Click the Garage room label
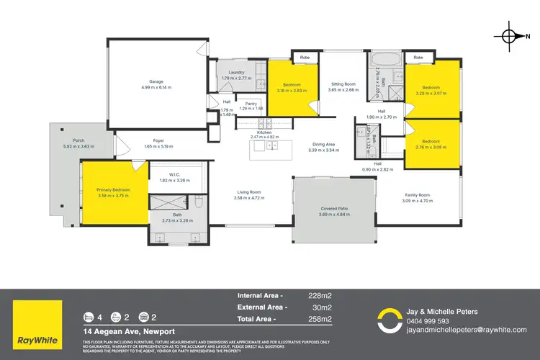point(158,81)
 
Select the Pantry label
point(251,104)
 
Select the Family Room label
point(416,195)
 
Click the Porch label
point(79,140)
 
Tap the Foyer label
point(159,140)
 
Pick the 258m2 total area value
point(320,318)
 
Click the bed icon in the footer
point(89,317)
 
